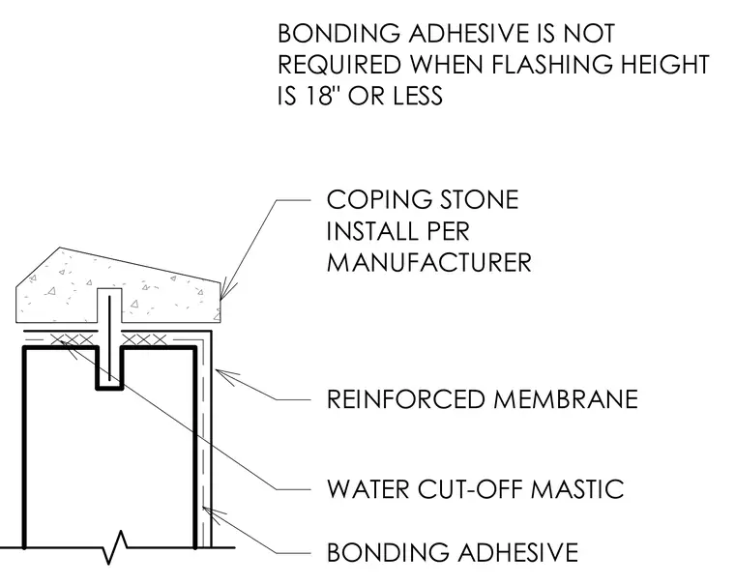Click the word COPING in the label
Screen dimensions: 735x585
pyautogui.click(x=379, y=200)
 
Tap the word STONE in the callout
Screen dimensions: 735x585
pyautogui.click(x=479, y=200)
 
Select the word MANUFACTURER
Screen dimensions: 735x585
pyautogui.click(x=428, y=262)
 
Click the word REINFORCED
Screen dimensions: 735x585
pyautogui.click(x=406, y=399)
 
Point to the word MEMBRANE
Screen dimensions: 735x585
pyautogui.click(x=566, y=399)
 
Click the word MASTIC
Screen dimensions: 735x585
pyautogui.click(x=577, y=489)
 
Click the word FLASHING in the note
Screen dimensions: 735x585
pyautogui.click(x=551, y=64)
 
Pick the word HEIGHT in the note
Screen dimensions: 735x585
pyautogui.click(x=665, y=64)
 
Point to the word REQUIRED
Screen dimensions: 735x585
pyautogui.click(x=339, y=64)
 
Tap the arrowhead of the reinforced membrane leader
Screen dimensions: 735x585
pyautogui.click(x=225, y=376)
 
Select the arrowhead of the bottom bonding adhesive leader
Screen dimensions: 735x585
pyautogui.click(x=211, y=513)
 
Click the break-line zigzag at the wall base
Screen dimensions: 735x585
pyautogui.click(x=115, y=546)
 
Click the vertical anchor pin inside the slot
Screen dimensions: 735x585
pyautogui.click(x=109, y=338)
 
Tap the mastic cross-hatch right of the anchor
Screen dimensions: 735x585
pyautogui.click(x=145, y=339)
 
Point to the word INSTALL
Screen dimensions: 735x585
pyautogui.click(x=368, y=231)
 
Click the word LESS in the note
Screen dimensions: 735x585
pyautogui.click(x=418, y=95)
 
